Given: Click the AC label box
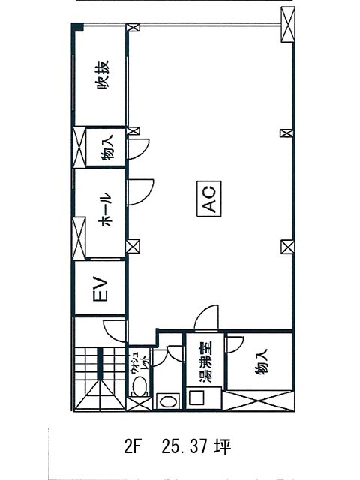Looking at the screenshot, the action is (209, 199).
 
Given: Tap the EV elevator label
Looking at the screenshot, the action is (100, 289).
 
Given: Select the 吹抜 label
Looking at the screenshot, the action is (103, 74).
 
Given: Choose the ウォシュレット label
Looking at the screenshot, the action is (139, 364).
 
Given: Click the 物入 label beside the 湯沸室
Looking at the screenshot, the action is (261, 361).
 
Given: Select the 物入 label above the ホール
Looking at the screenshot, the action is (107, 148).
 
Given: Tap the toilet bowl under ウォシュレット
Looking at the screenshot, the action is (139, 386).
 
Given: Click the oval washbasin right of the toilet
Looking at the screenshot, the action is (168, 401).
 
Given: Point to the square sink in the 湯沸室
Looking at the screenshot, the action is (196, 397).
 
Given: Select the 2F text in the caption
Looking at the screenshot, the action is (132, 446).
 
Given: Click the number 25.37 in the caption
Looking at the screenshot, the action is (185, 446).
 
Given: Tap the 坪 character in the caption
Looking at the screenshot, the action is (223, 446).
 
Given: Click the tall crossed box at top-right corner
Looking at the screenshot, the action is (288, 25).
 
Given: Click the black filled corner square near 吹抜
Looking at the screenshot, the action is (78, 28).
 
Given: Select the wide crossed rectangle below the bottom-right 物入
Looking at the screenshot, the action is (259, 400).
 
